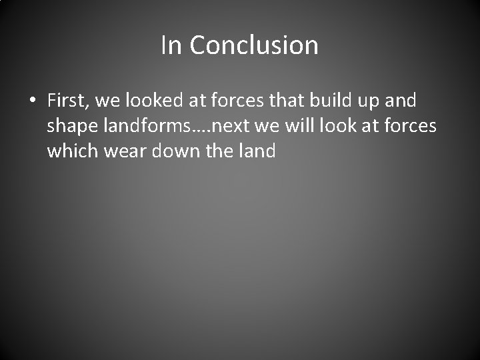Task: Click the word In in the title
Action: pos(172,45)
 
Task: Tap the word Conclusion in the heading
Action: pos(254,45)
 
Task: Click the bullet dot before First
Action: pos(32,101)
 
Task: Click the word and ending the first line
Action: pos(402,101)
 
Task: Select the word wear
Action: pos(126,151)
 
